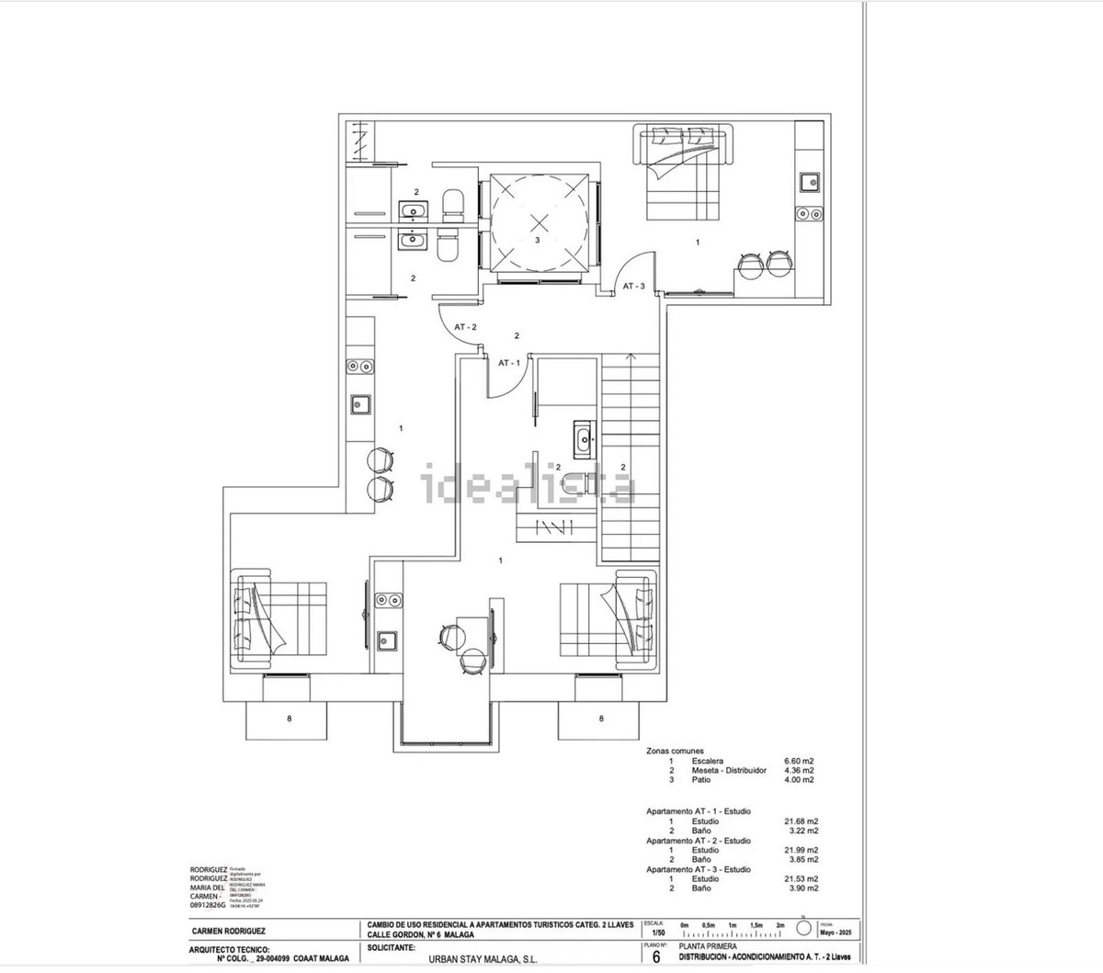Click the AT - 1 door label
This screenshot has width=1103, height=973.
point(508,363)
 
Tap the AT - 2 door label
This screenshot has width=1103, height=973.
point(465,327)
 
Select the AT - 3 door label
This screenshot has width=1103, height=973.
point(634,287)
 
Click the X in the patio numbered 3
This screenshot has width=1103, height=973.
point(540,221)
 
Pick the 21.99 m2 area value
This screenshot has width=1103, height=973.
point(800,850)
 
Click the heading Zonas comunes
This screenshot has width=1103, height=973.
point(676,751)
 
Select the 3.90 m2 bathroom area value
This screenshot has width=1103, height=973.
point(800,888)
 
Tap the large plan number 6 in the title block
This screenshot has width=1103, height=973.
point(655,957)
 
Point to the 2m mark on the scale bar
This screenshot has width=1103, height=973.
point(780,924)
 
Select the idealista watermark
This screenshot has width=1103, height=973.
point(529,486)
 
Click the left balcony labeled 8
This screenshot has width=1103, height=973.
point(289,718)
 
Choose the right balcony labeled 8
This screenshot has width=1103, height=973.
point(601,718)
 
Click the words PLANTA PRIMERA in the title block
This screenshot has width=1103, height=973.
point(708,945)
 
